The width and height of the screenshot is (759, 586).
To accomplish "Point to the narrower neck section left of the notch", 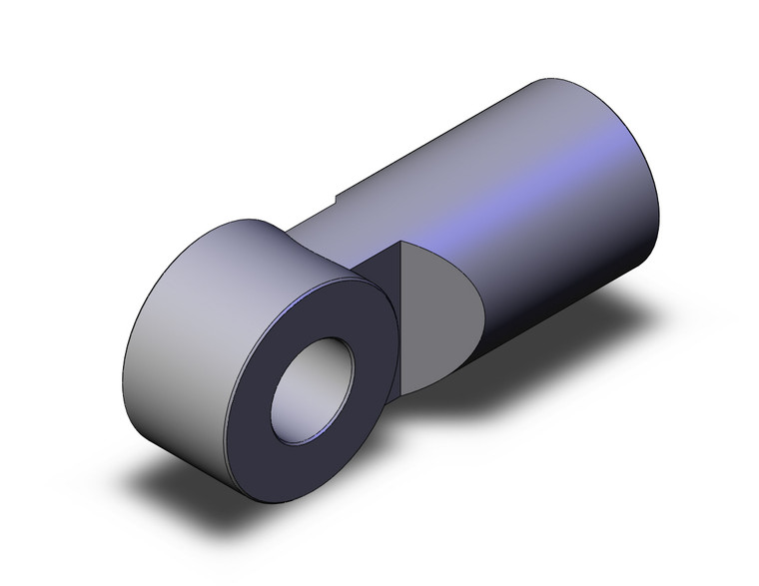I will [x=315, y=215].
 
